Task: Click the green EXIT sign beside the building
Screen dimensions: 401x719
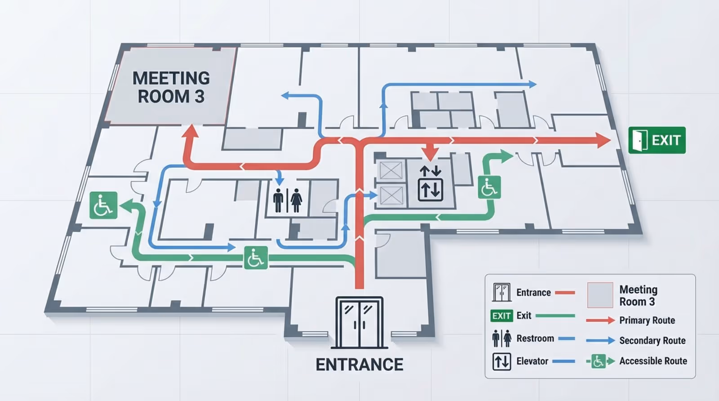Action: tap(657, 140)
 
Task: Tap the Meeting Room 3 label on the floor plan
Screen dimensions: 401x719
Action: tap(171, 87)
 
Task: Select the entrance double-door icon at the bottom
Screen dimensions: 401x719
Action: tap(359, 322)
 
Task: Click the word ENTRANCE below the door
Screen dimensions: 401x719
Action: tap(359, 364)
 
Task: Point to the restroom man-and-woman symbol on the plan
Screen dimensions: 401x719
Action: tap(288, 200)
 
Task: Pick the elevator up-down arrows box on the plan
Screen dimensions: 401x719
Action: tap(431, 189)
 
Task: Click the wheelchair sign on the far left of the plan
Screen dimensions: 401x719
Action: tap(103, 205)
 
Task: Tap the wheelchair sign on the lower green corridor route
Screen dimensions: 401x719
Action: tap(256, 258)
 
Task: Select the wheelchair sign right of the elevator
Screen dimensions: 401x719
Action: tap(489, 187)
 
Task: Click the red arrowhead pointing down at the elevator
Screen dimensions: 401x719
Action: tap(430, 153)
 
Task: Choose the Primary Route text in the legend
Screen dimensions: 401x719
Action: tap(647, 320)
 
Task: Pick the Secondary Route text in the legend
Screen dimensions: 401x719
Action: tap(652, 340)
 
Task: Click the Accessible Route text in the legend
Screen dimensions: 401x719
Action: tap(653, 361)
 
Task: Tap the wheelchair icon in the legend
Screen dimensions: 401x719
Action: tap(598, 361)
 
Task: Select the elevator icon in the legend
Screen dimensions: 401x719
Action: tap(502, 361)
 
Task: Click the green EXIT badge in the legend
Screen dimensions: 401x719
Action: tap(502, 316)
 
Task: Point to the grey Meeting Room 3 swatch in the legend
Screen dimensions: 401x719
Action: tap(600, 295)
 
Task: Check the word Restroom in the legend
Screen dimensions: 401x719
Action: tap(535, 338)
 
